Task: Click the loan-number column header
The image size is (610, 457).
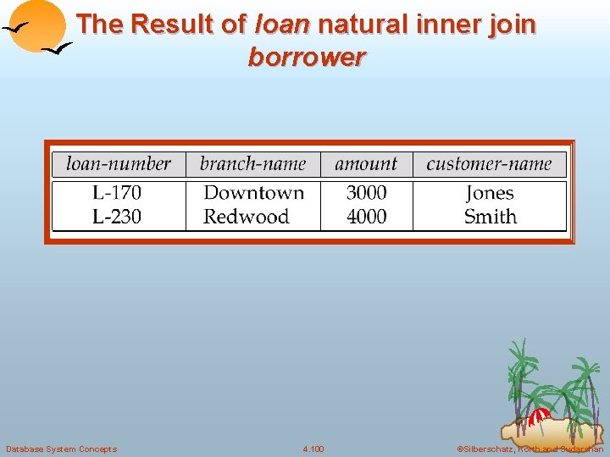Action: click(x=119, y=164)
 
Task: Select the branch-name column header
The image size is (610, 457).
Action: click(x=252, y=164)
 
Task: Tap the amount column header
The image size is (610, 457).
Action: click(x=366, y=164)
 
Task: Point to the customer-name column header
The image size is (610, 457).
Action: click(x=489, y=164)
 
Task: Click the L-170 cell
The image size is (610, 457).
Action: click(x=117, y=193)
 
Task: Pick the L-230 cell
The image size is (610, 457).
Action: click(x=117, y=217)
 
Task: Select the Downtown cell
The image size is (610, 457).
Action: click(x=253, y=193)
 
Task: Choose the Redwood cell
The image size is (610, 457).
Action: click(x=246, y=217)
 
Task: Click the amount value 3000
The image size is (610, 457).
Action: click(x=366, y=193)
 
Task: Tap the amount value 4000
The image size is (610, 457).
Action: click(x=366, y=217)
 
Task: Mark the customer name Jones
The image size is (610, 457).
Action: click(x=490, y=193)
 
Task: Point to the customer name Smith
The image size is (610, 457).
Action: click(x=490, y=217)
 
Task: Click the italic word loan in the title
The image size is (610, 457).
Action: click(x=282, y=25)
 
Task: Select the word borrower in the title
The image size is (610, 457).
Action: click(x=307, y=58)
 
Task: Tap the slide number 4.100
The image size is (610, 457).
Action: click(x=313, y=449)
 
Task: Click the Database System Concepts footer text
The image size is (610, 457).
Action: click(x=61, y=449)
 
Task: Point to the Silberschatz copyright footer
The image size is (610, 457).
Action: click(x=530, y=449)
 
